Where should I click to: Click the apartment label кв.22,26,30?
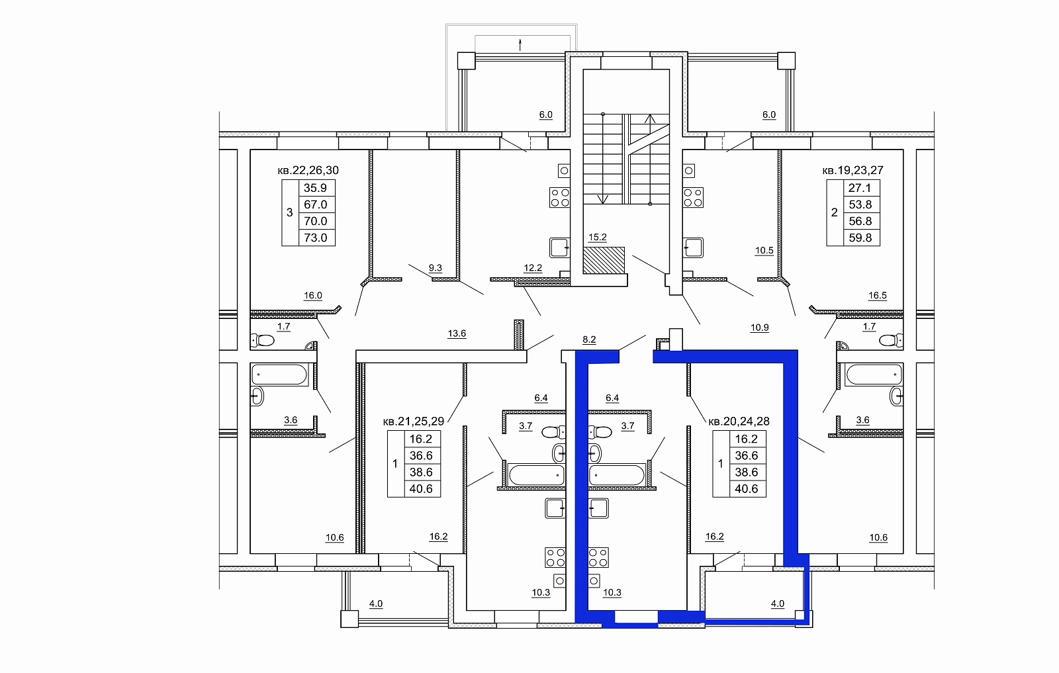[x=308, y=170]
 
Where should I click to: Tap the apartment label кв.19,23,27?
[x=852, y=170]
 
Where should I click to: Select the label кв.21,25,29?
[x=413, y=421]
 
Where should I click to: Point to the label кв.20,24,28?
[x=739, y=421]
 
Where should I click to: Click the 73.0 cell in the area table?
[x=316, y=238]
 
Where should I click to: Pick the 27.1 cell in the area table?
[x=860, y=188]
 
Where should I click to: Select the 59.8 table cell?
[x=860, y=238]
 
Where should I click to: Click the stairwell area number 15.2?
[x=597, y=238]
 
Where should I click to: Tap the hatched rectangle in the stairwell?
[x=604, y=261]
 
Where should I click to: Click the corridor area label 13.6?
[x=457, y=334]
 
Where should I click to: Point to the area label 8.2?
[x=589, y=339]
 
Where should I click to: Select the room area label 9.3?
[x=435, y=268]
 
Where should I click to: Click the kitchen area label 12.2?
[x=533, y=268]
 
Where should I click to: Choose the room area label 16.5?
[x=878, y=295]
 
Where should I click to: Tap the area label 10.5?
[x=764, y=251]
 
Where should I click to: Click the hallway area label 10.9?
[x=759, y=328]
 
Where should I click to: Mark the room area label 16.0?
[x=312, y=295]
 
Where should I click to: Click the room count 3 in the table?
[x=290, y=212]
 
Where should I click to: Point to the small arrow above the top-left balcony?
[x=520, y=45]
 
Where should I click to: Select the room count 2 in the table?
[x=835, y=212]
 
